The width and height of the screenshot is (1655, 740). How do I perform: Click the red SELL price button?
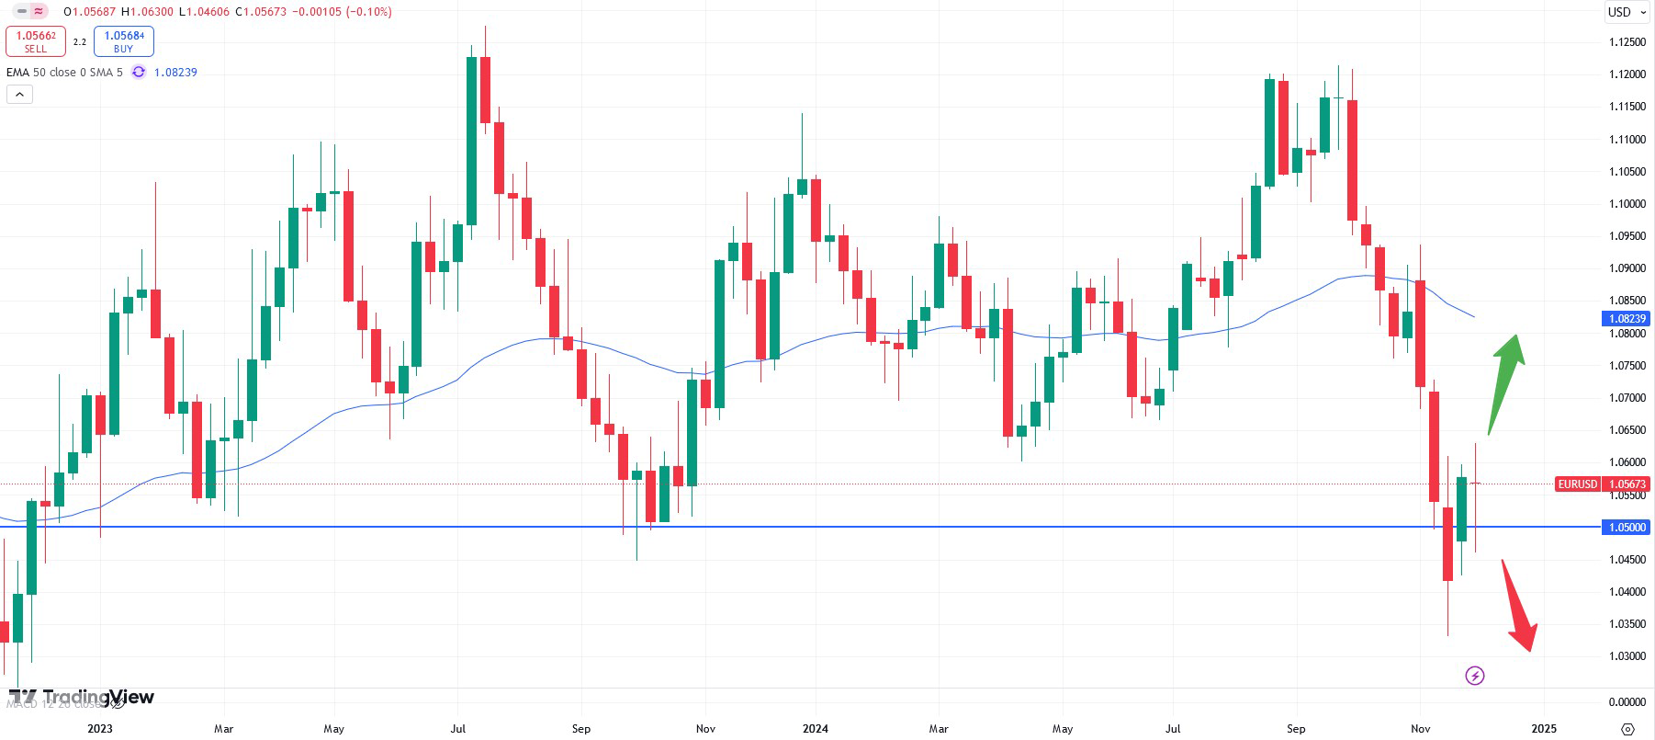click(x=36, y=41)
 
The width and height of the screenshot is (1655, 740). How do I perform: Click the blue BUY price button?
click(x=123, y=41)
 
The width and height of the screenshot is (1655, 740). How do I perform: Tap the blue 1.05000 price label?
click(x=1626, y=528)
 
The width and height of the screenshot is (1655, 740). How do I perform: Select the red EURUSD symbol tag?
click(x=1577, y=484)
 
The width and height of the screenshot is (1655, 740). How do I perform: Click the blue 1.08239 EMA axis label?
click(x=1626, y=319)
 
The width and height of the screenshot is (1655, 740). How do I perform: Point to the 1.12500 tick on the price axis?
click(x=1627, y=42)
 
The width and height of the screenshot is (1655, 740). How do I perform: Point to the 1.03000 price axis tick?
click(x=1627, y=656)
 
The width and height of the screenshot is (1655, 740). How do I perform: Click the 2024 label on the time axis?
click(x=815, y=729)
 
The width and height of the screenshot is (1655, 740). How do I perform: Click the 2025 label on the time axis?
click(x=1544, y=729)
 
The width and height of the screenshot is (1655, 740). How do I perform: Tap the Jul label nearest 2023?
click(x=457, y=729)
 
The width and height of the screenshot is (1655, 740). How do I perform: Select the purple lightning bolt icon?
click(x=1474, y=677)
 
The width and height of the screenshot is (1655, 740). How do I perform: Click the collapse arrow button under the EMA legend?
click(x=19, y=94)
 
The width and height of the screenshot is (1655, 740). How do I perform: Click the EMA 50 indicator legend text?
click(x=64, y=73)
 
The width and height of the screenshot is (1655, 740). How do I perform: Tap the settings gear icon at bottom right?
click(x=1627, y=729)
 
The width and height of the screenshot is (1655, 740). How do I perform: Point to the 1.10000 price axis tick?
click(x=1627, y=204)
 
